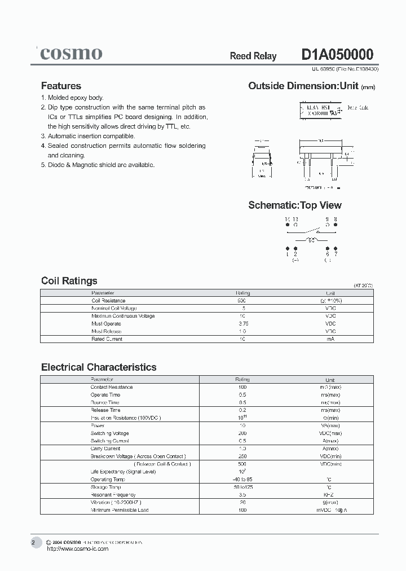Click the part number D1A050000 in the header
pos(337,55)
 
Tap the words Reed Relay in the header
pos(253,56)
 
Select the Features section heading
pos(61,86)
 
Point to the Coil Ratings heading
pos(69,280)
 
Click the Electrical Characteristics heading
pos(99,367)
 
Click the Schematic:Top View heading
pos(294,205)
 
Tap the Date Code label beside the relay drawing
pos(357,107)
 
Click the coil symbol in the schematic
pos(310,240)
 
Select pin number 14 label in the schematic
pos(288,219)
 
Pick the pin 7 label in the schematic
pos(336,254)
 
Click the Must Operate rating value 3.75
pos(242,324)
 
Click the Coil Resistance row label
pos(108,301)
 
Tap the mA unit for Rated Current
pos(330,339)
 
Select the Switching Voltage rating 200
pos(242,433)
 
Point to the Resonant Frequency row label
pos(113,495)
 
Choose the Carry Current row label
pos(106,449)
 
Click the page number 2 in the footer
pos(33,543)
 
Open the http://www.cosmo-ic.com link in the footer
pos(77,549)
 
